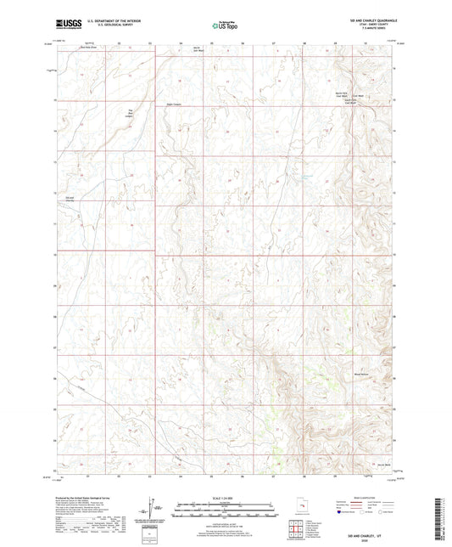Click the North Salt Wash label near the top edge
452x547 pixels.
(x=197, y=47)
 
